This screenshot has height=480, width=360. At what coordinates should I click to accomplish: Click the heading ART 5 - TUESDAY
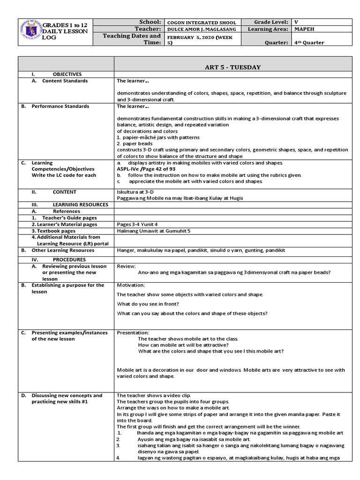232,67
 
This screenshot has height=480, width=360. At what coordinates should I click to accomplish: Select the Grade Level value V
296,22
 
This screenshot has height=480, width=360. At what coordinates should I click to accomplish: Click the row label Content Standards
65,81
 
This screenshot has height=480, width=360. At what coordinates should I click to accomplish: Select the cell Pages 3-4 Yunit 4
139,225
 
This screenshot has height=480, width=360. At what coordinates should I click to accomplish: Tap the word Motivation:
131,285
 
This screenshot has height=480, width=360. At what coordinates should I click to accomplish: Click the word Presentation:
133,333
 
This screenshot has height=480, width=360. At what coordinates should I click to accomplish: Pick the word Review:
126,266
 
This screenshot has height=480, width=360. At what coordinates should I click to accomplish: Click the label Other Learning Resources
63,250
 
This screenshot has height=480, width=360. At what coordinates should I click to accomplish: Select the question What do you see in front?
148,304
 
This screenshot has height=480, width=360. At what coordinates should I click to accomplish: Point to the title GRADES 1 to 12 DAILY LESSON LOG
65,30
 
